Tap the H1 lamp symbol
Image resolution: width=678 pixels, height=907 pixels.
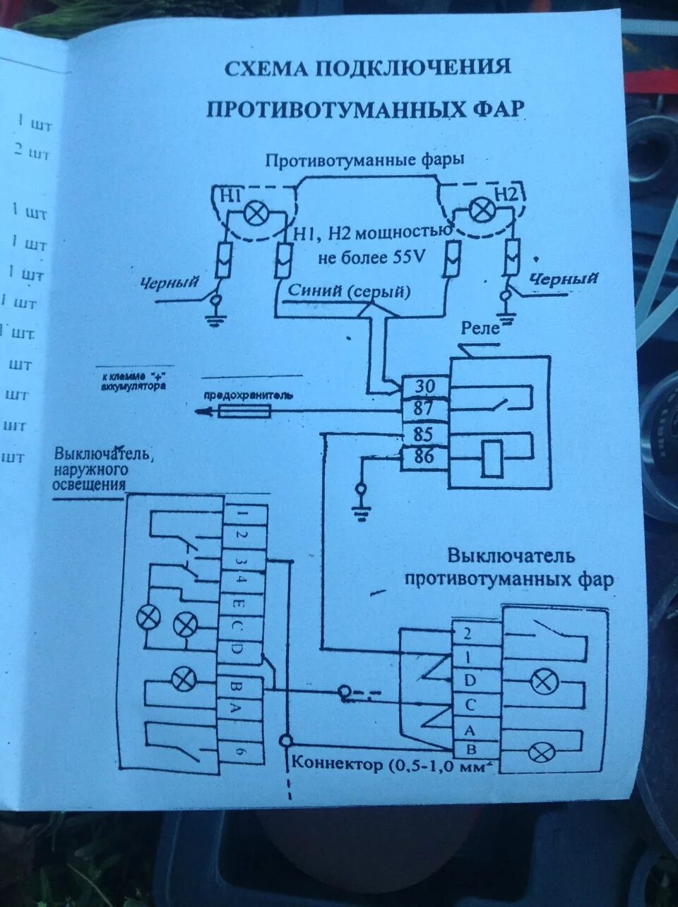[x=254, y=212]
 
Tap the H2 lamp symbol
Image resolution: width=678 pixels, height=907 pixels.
[x=482, y=210]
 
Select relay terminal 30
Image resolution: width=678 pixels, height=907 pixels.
[x=423, y=387]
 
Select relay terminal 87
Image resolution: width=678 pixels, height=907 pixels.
[x=423, y=409]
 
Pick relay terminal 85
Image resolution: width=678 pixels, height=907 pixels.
[x=423, y=433]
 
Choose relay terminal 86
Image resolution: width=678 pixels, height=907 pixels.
[x=423, y=457]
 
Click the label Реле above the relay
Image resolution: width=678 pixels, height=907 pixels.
[x=480, y=328]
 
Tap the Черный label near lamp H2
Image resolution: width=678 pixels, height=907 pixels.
[x=564, y=279]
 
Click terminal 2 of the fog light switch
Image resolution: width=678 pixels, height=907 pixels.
[x=467, y=633]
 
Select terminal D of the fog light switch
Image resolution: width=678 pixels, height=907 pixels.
[x=467, y=680]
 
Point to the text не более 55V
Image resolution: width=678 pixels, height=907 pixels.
[x=372, y=258]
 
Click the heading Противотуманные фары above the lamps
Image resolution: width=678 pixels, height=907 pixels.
[x=364, y=160]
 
